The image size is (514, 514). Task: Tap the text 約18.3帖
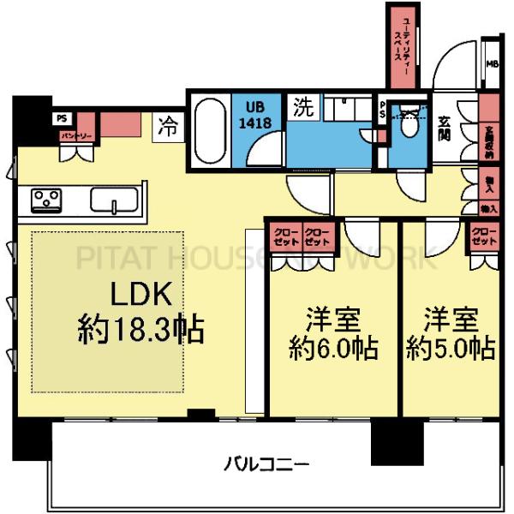click(x=140, y=330)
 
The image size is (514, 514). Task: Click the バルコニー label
click(x=267, y=465)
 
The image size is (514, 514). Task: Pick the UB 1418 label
click(x=259, y=117)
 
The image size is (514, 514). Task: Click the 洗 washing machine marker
click(x=305, y=109)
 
